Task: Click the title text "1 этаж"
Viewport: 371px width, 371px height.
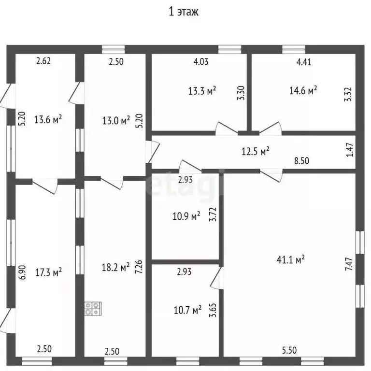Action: (184, 12)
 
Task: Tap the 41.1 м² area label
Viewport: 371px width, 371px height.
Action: (290, 260)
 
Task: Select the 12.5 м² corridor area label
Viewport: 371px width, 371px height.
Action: (255, 151)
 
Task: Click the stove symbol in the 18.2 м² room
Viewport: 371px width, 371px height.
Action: (93, 309)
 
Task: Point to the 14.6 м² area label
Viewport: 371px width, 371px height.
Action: (303, 90)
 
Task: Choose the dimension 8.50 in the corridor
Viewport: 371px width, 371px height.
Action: (301, 161)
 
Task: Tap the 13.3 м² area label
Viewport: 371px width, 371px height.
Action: (202, 91)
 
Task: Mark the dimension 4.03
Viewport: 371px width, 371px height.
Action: (201, 61)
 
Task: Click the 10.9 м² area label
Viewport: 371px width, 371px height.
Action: (186, 216)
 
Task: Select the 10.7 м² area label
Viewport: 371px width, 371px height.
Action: (187, 310)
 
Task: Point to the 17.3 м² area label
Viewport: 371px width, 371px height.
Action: (48, 272)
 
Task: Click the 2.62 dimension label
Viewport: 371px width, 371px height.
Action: (43, 61)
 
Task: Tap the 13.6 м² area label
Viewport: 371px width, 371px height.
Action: (48, 119)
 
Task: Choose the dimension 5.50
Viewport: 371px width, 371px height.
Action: (289, 350)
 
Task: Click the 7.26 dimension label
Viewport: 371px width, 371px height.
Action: (139, 267)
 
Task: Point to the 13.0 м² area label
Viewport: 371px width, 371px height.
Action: (116, 120)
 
